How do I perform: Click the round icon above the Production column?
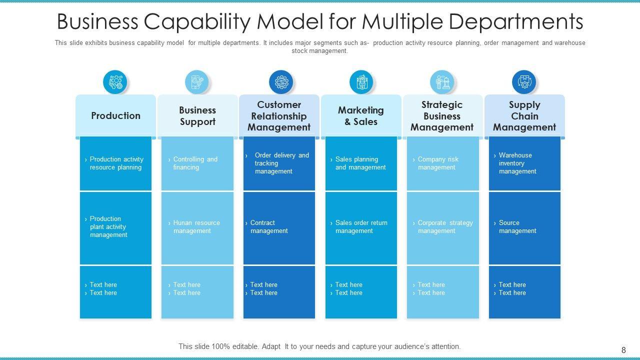pos(115,82)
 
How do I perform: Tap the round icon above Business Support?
pos(197,82)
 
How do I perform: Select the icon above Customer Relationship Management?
pos(281,82)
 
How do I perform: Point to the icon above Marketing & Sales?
pos(361,82)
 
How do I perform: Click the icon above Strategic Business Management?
pos(442,82)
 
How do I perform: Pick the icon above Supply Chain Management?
pos(524,82)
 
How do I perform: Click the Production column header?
pos(115,115)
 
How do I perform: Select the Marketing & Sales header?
pos(360,116)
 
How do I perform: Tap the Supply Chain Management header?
pos(524,116)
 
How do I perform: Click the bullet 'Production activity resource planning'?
pos(116,163)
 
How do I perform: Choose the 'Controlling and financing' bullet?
pos(195,163)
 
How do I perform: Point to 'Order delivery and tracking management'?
pos(281,163)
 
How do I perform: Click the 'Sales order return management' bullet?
pos(361,227)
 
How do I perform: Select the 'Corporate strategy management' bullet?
pos(445,227)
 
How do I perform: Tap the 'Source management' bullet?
pos(517,227)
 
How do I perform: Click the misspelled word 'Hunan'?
pos(183,223)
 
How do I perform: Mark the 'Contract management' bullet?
pos(268,227)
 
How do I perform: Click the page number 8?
pos(623,350)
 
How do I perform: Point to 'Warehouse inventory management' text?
pos(517,163)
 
